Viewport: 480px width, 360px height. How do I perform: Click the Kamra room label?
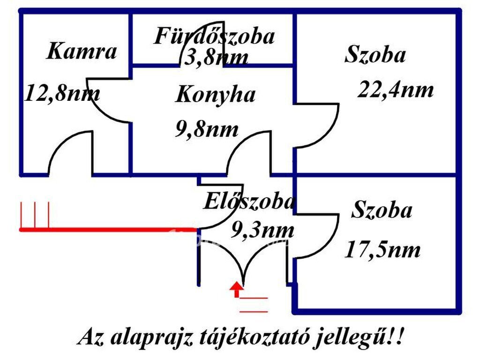(82, 52)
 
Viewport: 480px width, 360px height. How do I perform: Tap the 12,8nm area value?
(62, 93)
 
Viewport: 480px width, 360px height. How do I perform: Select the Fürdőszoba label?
(214, 36)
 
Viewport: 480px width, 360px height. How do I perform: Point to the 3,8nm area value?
(216, 57)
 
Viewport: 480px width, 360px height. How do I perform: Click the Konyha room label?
(216, 95)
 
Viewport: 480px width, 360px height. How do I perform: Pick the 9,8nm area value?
(207, 129)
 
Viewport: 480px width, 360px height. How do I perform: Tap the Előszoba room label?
(248, 202)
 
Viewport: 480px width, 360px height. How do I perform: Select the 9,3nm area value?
(262, 230)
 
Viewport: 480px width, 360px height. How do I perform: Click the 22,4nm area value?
(396, 90)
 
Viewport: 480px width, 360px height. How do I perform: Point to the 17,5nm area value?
(382, 250)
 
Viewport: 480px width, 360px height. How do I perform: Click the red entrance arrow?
(237, 289)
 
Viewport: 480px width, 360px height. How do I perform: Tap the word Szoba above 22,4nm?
(375, 54)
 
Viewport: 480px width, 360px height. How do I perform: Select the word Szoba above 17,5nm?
(382, 210)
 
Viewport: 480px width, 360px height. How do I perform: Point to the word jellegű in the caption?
(351, 337)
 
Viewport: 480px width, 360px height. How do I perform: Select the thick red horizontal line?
(108, 230)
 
